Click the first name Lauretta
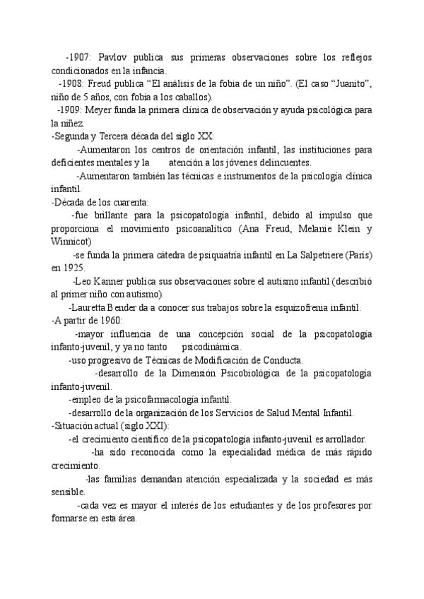(x=89, y=307)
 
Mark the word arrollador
(x=343, y=439)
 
